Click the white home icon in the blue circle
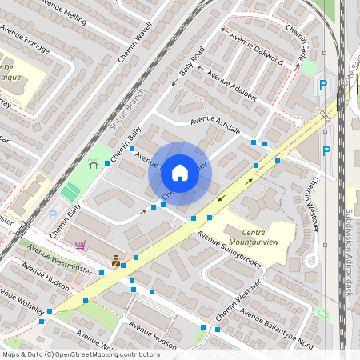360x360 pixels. pos(180,173)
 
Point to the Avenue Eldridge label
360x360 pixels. pos(25,40)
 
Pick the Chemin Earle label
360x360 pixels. pos(297,46)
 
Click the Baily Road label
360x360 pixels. pos(192,62)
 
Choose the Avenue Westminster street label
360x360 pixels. pos(59,256)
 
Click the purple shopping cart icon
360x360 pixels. pos(79,246)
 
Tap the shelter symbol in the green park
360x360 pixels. pos(94,163)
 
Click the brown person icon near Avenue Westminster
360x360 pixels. pos(117,261)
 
